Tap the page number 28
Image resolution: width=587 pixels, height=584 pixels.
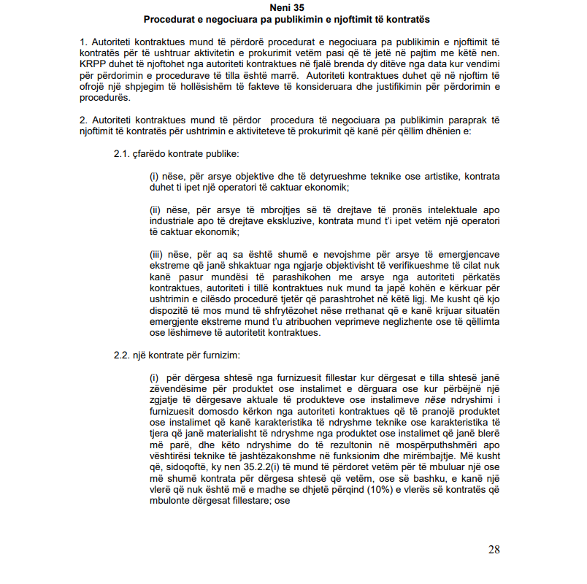(494, 550)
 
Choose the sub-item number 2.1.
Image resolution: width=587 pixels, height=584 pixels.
(120, 154)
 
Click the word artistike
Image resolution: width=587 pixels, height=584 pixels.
(431, 177)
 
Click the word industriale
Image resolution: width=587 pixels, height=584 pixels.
(174, 222)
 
